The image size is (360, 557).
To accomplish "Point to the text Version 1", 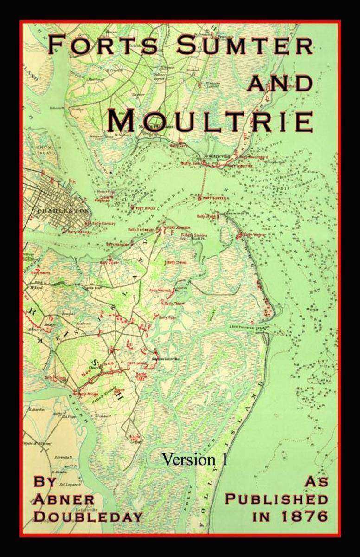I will coord(195,459).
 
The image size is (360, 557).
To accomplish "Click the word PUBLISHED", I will coord(276,499).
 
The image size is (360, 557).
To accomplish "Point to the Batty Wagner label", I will coord(254,235).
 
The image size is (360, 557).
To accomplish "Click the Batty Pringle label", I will coord(86,394).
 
